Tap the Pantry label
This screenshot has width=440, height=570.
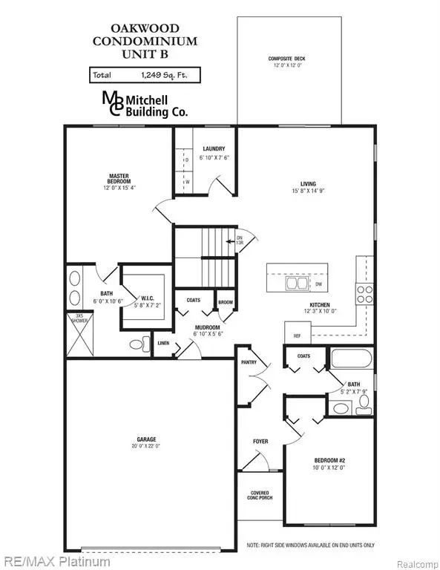tap(249, 363)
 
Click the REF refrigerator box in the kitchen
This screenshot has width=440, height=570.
tap(298, 336)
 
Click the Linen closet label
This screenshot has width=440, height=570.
tap(163, 343)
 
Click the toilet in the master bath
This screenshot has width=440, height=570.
tap(137, 344)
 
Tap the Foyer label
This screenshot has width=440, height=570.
tap(260, 442)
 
